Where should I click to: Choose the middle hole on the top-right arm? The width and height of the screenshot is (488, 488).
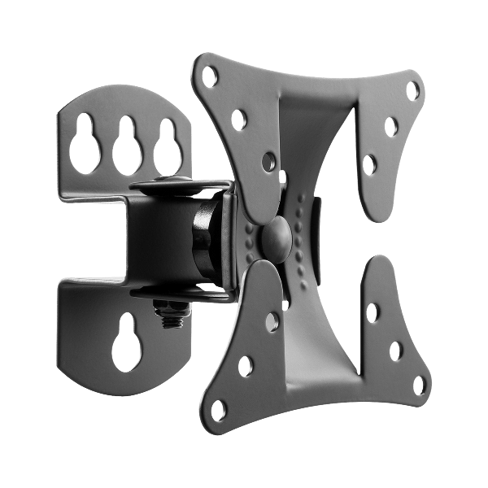click(391, 126)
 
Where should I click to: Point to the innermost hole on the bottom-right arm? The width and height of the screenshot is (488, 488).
click(374, 312)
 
